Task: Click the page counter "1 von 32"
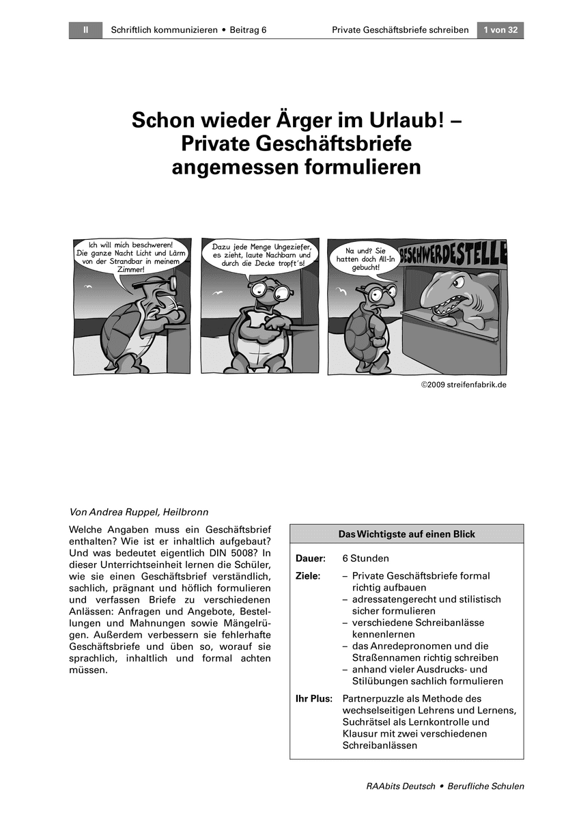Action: tap(500, 30)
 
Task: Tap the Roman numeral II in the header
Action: tap(85, 30)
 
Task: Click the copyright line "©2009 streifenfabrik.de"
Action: tap(464, 385)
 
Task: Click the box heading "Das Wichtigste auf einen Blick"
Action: tap(406, 534)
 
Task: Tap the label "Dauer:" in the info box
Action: tap(310, 558)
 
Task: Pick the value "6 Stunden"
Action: tap(365, 558)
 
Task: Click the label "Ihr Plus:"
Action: tap(313, 699)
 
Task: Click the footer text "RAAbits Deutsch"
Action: tap(401, 786)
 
